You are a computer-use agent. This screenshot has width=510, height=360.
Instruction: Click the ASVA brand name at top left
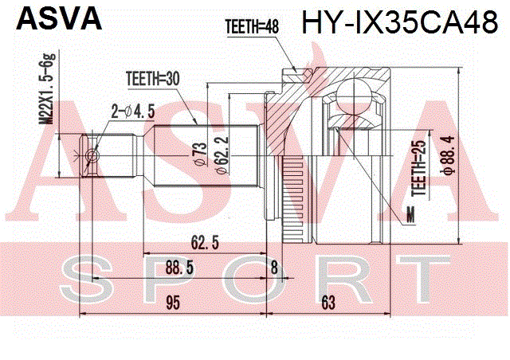(59, 18)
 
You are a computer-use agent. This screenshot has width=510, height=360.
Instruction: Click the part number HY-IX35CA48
(400, 22)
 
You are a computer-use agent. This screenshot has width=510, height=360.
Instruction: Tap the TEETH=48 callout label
(252, 26)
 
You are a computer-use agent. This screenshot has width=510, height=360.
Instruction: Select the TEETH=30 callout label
(153, 79)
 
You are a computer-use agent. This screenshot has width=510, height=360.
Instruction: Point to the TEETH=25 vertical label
(419, 168)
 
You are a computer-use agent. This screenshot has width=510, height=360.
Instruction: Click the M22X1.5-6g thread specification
(48, 88)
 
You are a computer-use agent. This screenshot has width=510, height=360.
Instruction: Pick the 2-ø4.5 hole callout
(133, 112)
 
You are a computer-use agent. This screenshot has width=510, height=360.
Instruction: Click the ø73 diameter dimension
(198, 154)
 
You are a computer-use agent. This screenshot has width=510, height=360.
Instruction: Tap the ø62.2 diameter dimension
(222, 155)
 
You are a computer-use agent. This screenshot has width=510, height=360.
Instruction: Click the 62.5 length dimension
(205, 242)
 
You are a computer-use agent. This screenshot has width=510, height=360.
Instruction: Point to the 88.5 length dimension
(179, 268)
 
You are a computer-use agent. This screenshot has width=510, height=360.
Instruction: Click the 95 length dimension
(173, 303)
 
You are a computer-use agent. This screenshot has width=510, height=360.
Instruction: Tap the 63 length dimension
(328, 303)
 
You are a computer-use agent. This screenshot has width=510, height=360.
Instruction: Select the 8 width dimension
(274, 268)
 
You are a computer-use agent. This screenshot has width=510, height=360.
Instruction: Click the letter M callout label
(411, 215)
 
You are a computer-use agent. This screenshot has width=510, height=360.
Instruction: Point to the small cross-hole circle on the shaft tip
(92, 156)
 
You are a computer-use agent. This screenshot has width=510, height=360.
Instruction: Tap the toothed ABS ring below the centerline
(293, 199)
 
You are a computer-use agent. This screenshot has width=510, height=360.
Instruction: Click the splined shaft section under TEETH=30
(206, 156)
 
